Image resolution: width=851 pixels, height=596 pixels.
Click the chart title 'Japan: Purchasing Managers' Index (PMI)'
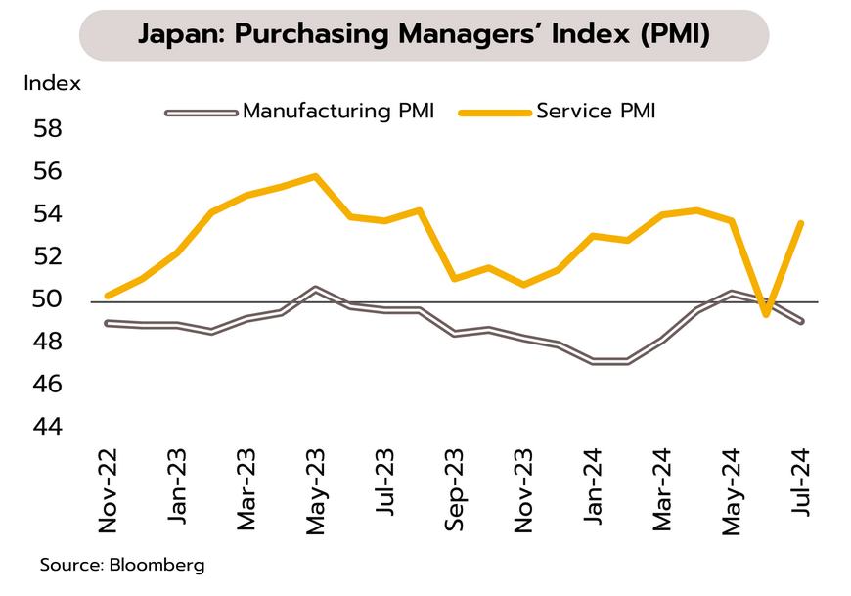pos(424,35)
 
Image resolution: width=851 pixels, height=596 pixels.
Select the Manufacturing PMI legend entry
pos(336,111)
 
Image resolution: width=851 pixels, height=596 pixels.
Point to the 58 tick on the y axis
pos(49,129)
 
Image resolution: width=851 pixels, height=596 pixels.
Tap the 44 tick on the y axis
pos(49,427)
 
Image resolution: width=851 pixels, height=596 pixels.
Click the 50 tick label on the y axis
pos(49,299)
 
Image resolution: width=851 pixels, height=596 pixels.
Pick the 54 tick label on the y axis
pos(49,214)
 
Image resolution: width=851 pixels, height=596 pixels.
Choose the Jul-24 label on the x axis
pos(801,492)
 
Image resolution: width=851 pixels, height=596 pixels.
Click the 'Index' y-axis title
pos(53,83)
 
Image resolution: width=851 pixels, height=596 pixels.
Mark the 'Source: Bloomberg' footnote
pos(122,566)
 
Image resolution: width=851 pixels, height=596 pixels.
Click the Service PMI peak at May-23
pos(315,176)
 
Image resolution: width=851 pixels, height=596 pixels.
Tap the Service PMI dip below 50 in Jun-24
pos(766,314)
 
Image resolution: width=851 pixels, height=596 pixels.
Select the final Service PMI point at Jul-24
pos(801,223)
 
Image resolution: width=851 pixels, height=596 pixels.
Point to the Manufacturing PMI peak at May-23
pos(315,290)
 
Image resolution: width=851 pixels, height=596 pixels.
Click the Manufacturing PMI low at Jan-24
pos(593,362)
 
